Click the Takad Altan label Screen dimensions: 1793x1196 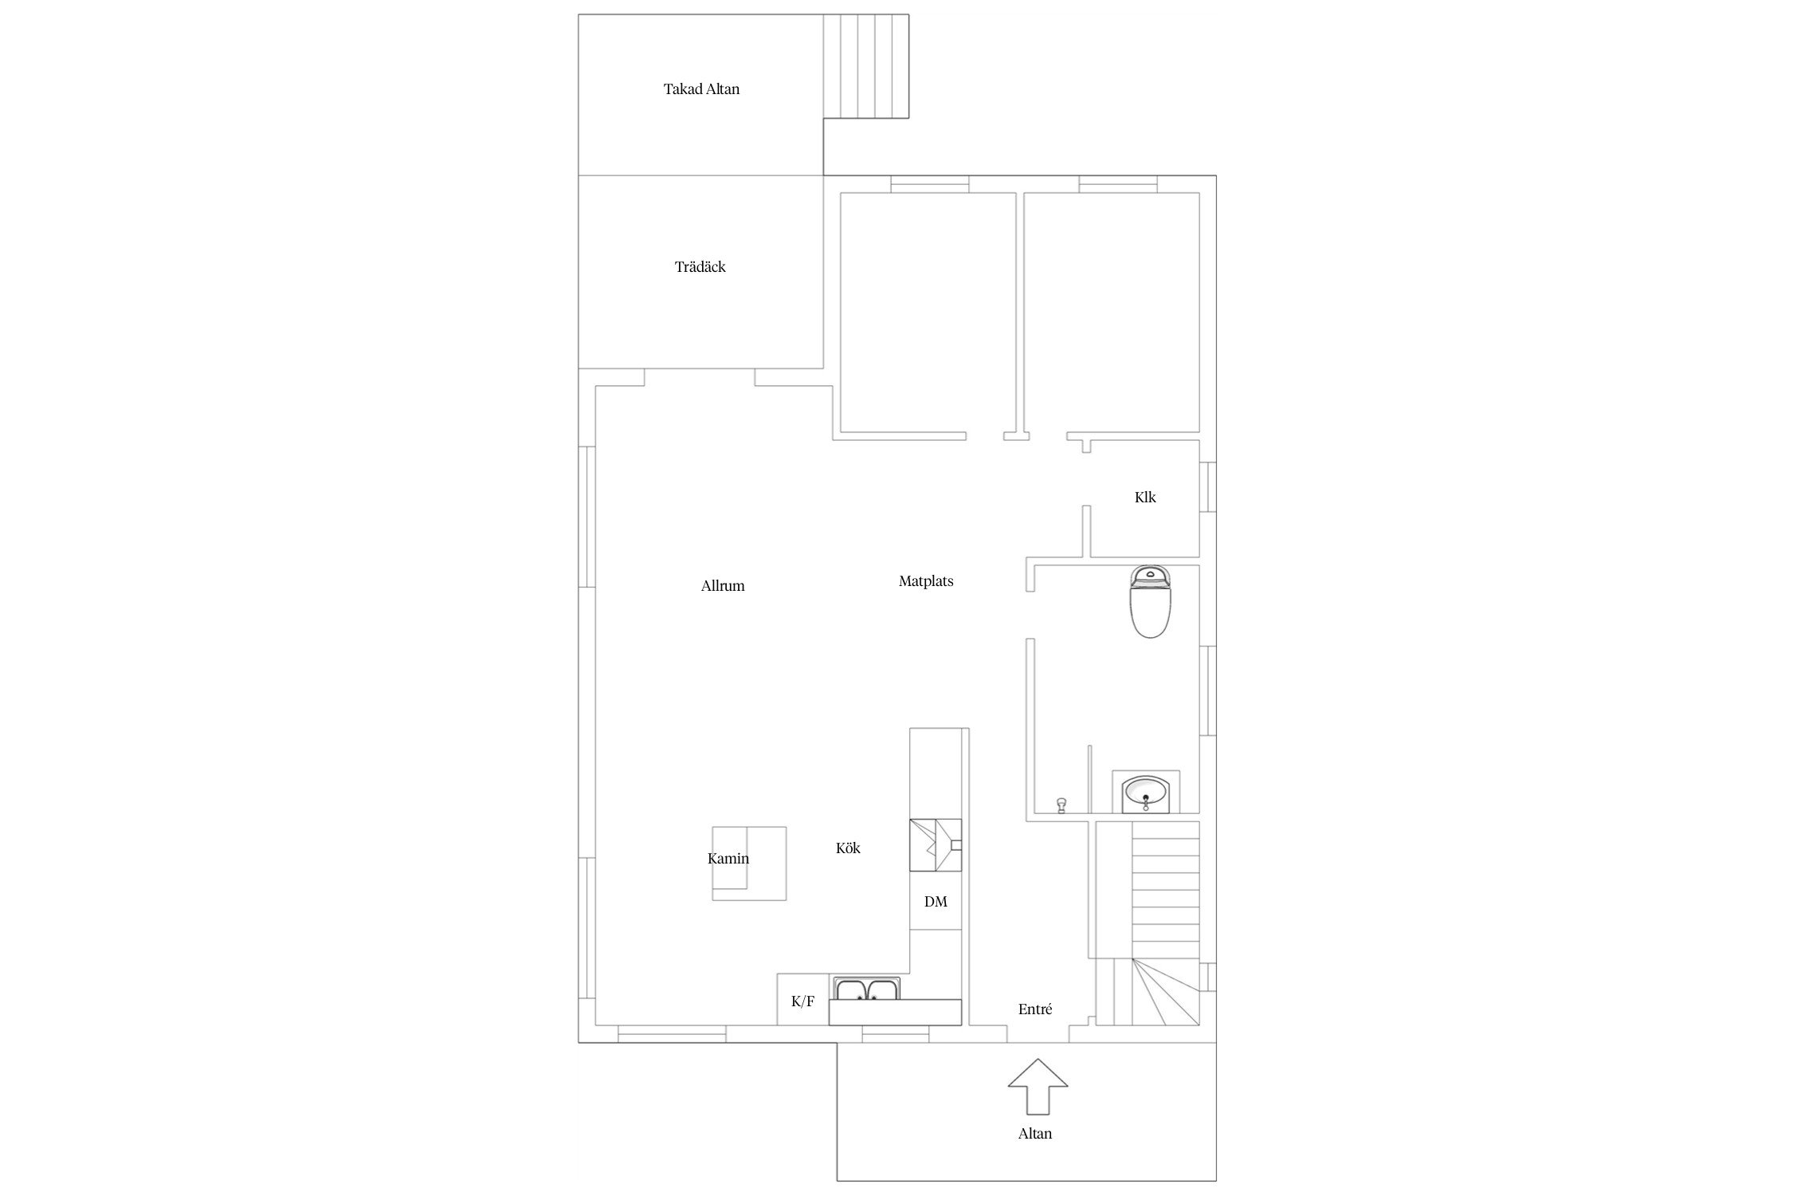point(701,89)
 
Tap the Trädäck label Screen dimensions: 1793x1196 point(700,267)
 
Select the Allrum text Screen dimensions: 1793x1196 point(723,586)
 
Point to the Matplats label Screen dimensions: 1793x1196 point(926,581)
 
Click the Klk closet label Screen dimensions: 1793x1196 point(1145,498)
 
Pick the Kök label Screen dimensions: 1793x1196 point(848,848)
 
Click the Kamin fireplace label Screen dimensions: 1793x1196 point(728,859)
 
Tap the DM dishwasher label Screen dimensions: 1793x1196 point(936,902)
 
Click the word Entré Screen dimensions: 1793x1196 point(1035,1009)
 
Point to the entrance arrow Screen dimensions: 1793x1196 point(1038,1086)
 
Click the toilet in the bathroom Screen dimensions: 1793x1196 point(1150,601)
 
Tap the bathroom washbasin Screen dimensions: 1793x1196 point(1146,793)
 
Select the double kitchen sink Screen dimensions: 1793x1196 point(868,989)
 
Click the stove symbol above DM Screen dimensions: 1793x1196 point(936,845)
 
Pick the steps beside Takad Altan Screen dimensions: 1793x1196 point(866,67)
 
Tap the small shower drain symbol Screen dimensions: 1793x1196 point(1061,805)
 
